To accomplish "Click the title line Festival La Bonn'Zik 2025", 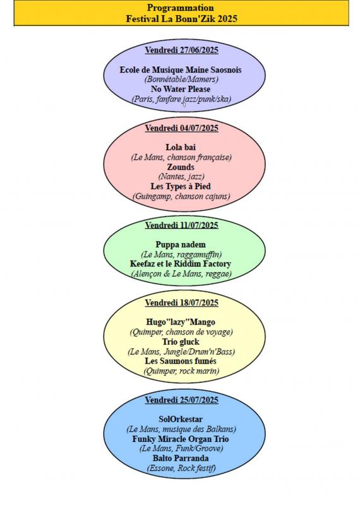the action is tap(181, 18).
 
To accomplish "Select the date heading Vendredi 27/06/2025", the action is tap(181, 50).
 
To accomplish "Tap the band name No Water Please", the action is tap(181, 89).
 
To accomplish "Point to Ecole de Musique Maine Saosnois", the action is tap(181, 70).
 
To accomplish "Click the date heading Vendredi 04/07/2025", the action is tap(181, 128).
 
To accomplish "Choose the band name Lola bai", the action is tap(181, 148).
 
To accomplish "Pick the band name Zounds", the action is tap(181, 167).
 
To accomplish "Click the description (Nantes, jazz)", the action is tap(181, 177).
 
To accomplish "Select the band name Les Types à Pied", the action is tap(181, 186).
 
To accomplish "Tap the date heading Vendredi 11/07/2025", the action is tap(181, 225).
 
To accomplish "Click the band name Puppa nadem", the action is tap(181, 245).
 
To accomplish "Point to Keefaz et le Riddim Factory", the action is tap(181, 264).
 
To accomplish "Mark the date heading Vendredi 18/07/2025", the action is tap(181, 303).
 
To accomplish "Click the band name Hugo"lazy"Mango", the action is tap(181, 323).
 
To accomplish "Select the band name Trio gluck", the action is tap(181, 342).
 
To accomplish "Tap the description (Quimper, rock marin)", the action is tap(181, 371).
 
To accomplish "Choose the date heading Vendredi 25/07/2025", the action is tap(181, 400).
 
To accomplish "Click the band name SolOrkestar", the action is tap(181, 419).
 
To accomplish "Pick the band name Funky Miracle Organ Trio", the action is tap(181, 439).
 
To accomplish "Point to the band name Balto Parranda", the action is tap(181, 458).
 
